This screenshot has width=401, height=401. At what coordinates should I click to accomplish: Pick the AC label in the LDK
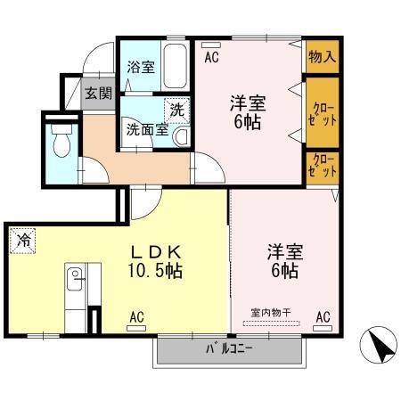point(136,315)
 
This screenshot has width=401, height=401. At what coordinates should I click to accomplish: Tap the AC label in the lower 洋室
point(323,315)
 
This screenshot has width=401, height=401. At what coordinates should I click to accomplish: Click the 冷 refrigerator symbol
point(23,238)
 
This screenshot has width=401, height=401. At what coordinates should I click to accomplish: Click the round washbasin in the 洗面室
point(182,136)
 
